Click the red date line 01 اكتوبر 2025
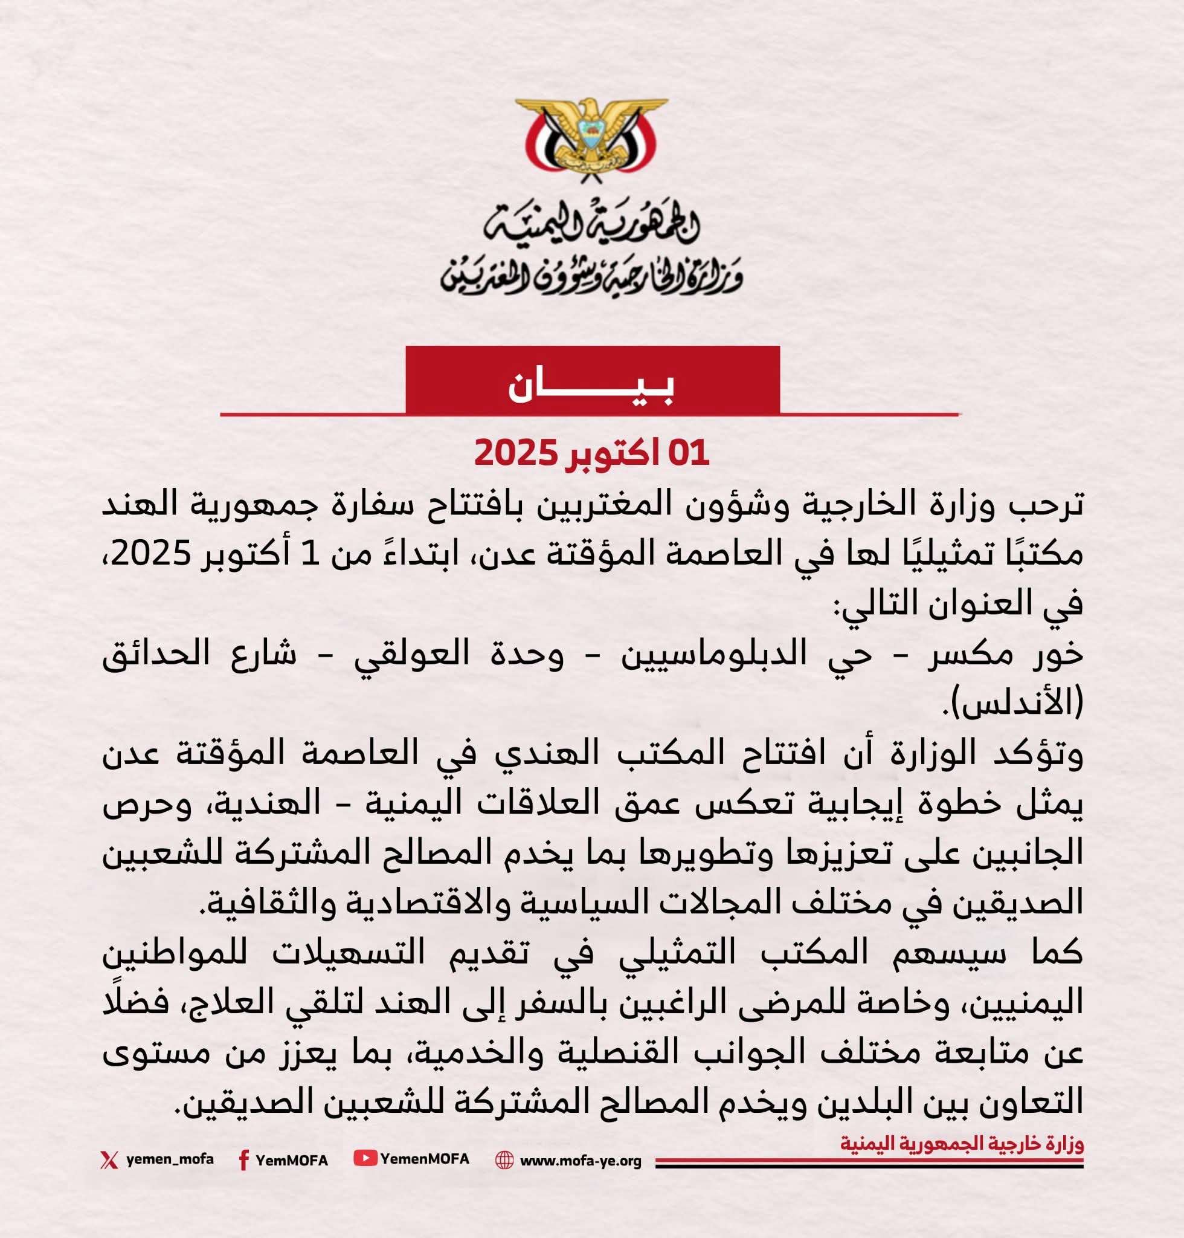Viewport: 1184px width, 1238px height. (591, 453)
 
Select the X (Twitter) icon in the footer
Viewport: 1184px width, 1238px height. (109, 1159)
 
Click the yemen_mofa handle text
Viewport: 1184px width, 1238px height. (170, 1159)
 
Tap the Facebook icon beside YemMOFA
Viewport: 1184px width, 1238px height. (243, 1160)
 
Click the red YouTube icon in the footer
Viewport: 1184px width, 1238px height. (365, 1158)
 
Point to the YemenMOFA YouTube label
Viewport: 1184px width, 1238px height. (425, 1158)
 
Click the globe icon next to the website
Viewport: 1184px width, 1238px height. (504, 1160)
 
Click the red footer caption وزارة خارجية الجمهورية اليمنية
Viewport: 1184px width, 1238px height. (961, 1143)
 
